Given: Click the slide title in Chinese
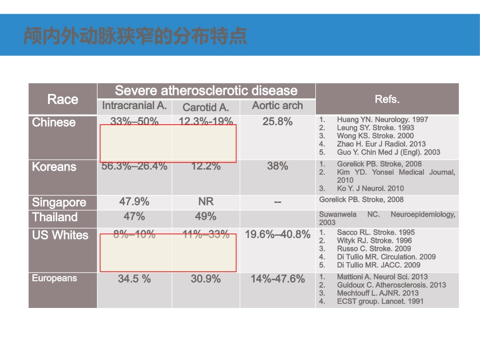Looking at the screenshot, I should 135,36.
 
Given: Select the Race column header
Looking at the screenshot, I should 63,99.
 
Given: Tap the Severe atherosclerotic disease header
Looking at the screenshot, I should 206,91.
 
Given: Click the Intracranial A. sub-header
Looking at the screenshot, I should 134,106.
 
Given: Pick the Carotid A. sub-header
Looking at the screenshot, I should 206,107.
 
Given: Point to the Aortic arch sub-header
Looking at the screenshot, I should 277,106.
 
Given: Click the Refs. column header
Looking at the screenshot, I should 387,99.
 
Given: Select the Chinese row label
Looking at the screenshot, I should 54,123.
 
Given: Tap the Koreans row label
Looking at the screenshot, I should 54,167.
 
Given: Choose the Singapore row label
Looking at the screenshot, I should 59,202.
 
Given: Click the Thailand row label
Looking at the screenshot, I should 55,217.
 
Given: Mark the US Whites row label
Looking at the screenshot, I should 60,235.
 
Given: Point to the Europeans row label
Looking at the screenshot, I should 55,278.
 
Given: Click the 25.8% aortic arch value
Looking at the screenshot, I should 277,122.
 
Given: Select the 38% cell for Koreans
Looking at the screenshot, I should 277,166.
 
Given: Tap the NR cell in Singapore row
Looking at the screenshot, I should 206,201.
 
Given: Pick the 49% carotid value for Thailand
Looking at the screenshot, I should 206,216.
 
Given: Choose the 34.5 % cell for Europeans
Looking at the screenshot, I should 134,279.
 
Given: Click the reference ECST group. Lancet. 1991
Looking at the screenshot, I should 380,301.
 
